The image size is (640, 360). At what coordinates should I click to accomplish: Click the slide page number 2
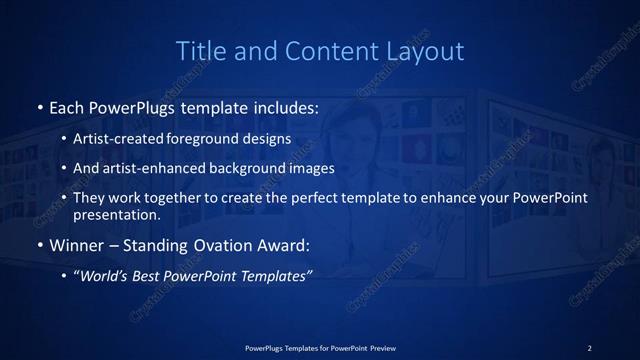589,347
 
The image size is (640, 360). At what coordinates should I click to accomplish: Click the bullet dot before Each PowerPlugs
39,106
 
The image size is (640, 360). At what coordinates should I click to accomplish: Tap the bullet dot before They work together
65,198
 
